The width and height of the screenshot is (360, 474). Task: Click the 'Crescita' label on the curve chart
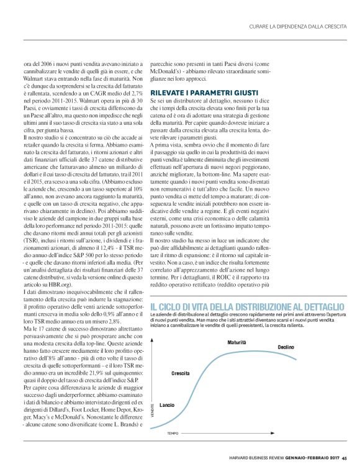(x=181, y=373)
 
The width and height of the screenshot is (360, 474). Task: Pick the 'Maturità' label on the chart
(x=236, y=342)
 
